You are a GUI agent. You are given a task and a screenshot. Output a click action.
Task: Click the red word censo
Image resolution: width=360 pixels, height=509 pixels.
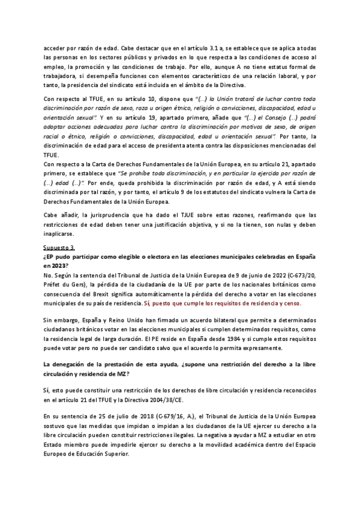[291, 304]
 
